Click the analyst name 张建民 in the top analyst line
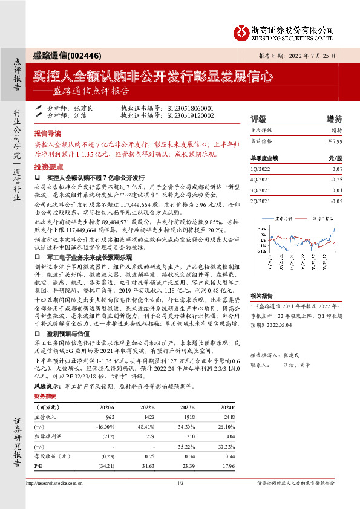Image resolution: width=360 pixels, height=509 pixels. (x=84, y=107)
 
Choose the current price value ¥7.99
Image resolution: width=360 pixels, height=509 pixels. (x=335, y=141)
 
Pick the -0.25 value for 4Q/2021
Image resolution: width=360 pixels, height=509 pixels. (x=336, y=180)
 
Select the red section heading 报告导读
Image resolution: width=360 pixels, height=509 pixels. (x=48, y=133)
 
